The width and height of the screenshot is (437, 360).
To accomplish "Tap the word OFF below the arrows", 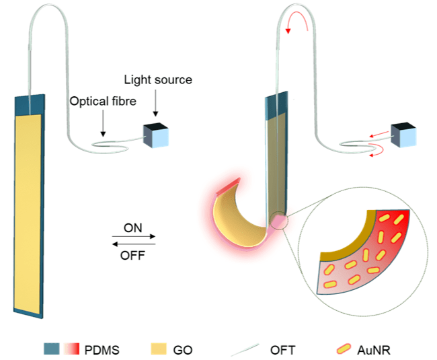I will pyautogui.click(x=133, y=256).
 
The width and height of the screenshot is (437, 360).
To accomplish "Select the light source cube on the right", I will pyautogui.click(x=401, y=135).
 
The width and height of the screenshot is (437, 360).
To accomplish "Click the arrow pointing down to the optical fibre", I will pyautogui.click(x=102, y=124).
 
